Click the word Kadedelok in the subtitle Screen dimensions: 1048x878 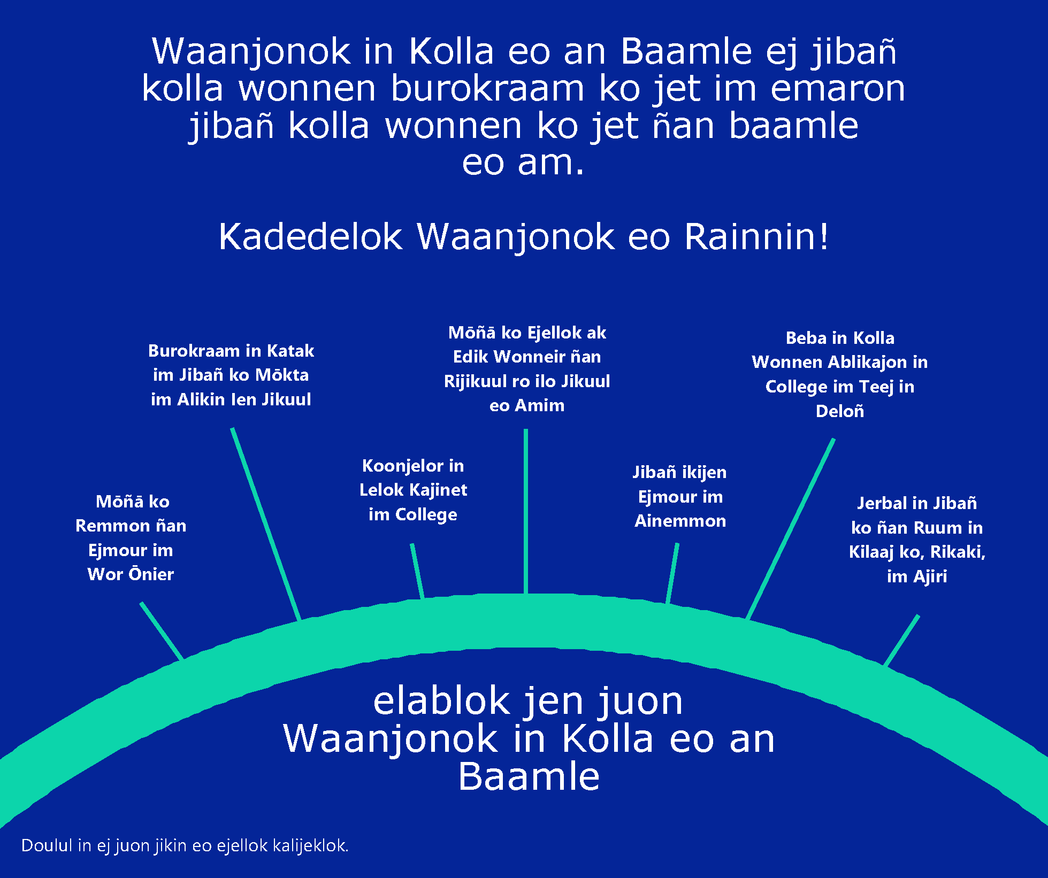[x=310, y=236]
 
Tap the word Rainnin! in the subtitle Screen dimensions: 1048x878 [x=756, y=236]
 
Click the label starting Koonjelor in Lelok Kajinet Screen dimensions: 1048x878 [x=413, y=490]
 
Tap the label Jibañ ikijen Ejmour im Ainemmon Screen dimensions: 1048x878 [x=680, y=496]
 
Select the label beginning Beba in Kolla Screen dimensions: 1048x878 [x=840, y=374]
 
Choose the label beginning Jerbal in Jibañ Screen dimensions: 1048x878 [x=917, y=540]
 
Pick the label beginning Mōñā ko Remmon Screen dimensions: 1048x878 [x=131, y=538]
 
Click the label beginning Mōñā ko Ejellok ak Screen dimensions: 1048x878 [x=527, y=369]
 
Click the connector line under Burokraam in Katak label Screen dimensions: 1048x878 [x=266, y=525]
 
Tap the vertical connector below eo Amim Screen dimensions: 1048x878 [x=526, y=511]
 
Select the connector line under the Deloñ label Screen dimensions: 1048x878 [x=790, y=529]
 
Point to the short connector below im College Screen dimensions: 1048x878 [x=417, y=571]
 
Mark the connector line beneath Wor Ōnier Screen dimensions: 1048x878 [x=162, y=631]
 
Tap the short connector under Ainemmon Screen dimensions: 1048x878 [x=672, y=573]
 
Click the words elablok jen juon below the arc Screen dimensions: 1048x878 [x=528, y=701]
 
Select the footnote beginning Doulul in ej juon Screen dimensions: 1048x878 [x=185, y=845]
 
